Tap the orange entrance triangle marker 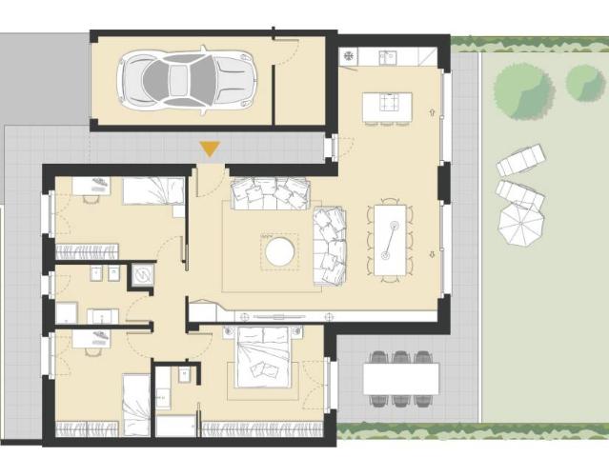coord(210,149)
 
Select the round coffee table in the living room coord(280,252)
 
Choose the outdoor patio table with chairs coord(400,378)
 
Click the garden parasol coord(521,225)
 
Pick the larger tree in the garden coord(523,90)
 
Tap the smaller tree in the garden coord(585,83)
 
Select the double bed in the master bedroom coord(263,357)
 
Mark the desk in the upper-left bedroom coord(92,187)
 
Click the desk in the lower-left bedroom coord(91,339)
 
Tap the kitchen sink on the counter coord(387,57)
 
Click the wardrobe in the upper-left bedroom coord(87,251)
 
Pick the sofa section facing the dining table coord(330,246)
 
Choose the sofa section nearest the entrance coord(270,193)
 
